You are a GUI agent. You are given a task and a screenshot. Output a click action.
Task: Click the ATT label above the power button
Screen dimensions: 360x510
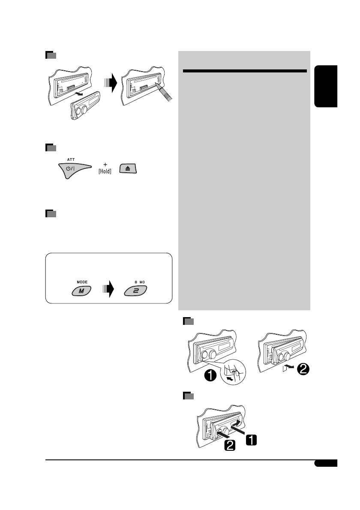71,159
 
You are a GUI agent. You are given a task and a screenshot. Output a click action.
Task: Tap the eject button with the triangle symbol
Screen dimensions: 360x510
128,168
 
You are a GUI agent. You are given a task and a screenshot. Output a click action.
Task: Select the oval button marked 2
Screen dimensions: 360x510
135,291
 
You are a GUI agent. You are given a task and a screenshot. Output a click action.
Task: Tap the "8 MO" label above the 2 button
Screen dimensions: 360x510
135,282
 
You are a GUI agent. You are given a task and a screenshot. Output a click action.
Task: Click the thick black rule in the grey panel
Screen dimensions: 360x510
245,71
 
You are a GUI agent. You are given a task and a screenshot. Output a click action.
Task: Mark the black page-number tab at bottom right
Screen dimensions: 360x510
325,464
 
